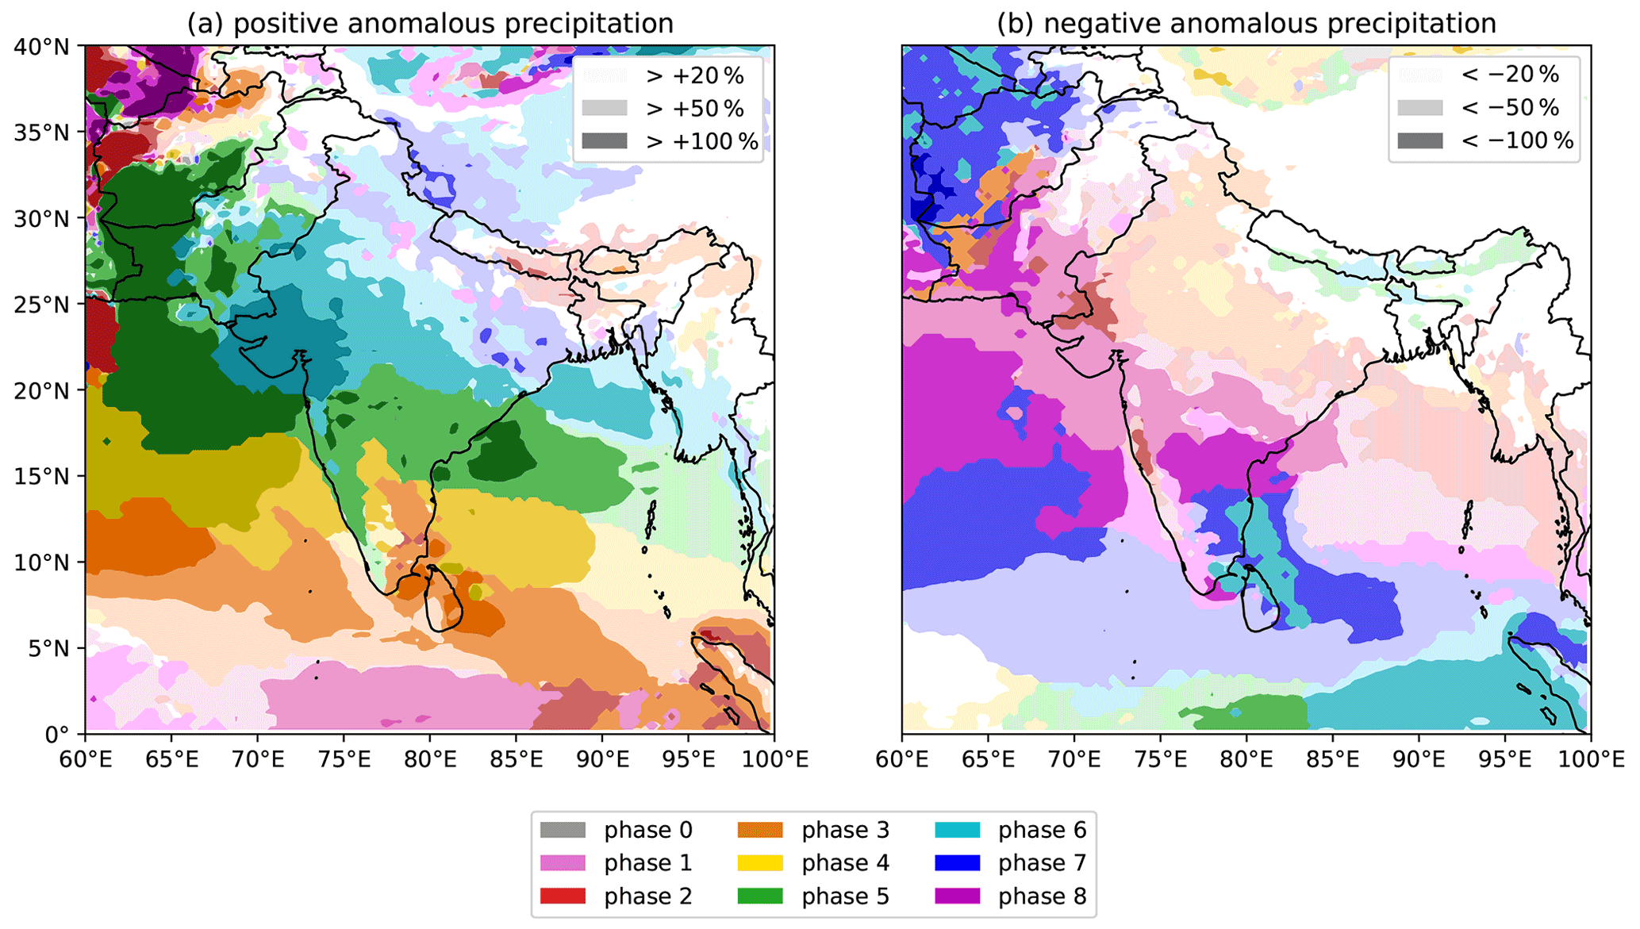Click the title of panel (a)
[430, 24]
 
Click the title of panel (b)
[1246, 24]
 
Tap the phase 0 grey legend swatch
[563, 830]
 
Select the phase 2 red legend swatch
[563, 896]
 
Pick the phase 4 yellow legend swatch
[760, 862]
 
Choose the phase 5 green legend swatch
[760, 896]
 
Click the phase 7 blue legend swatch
[957, 862]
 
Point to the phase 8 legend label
[1042, 896]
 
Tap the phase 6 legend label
[1042, 830]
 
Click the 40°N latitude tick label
[42, 47]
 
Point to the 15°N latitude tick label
[42, 476]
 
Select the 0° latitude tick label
[56, 735]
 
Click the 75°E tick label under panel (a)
[343, 760]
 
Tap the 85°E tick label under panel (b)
[1332, 760]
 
